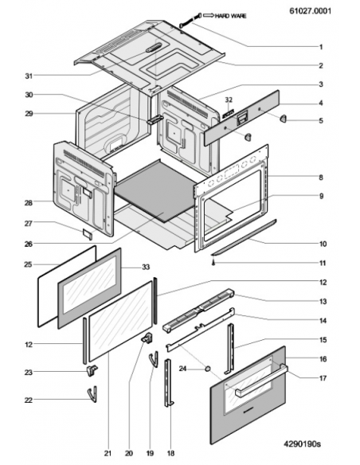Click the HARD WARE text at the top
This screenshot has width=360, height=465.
pyautogui.click(x=230, y=16)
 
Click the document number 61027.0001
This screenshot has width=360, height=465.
pyautogui.click(x=310, y=11)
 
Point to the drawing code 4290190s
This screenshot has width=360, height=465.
pyautogui.click(x=302, y=444)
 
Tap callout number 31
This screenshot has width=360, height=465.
pyautogui.click(x=29, y=76)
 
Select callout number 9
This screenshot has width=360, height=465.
pyautogui.click(x=322, y=196)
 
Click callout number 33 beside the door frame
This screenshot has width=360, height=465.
pyautogui.click(x=146, y=268)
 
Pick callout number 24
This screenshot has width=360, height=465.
pyautogui.click(x=182, y=369)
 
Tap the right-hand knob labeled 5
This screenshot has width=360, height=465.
pyautogui.click(x=284, y=119)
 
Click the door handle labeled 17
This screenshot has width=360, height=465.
pyautogui.click(x=261, y=381)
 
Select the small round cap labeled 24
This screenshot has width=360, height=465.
pyautogui.click(x=208, y=369)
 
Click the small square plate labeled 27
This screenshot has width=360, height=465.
pyautogui.click(x=88, y=233)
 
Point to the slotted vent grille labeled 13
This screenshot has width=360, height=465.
pyautogui.click(x=198, y=311)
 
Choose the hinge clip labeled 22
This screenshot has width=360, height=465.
pyautogui.click(x=92, y=394)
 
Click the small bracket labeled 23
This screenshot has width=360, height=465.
pyautogui.click(x=92, y=370)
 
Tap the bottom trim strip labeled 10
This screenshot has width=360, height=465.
pyautogui.click(x=244, y=237)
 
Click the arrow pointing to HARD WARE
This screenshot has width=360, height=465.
pyautogui.click(x=208, y=15)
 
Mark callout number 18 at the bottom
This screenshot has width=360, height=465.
pyautogui.click(x=170, y=453)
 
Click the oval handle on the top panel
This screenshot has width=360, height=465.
pyautogui.click(x=154, y=48)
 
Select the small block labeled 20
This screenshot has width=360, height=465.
pyautogui.click(x=147, y=338)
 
